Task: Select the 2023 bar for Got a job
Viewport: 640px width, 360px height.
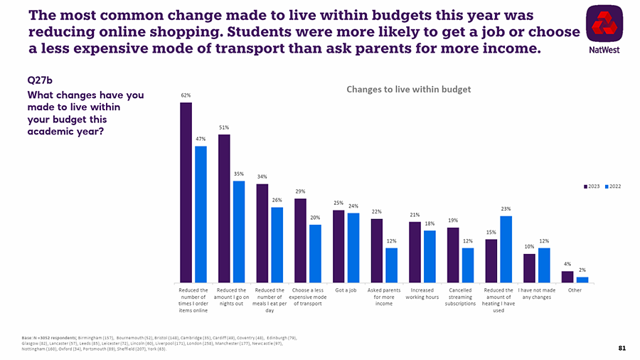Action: click(x=338, y=246)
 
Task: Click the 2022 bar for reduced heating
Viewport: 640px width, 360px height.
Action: click(x=506, y=249)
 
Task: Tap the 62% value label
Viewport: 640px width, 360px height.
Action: click(x=186, y=95)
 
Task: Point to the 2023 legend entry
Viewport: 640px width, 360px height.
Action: click(x=590, y=186)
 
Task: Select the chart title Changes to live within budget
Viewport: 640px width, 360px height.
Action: click(x=408, y=89)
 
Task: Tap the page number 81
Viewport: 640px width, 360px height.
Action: click(x=622, y=348)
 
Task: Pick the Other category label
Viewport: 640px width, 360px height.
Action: click(x=575, y=290)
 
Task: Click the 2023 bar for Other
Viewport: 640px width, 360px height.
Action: click(x=567, y=277)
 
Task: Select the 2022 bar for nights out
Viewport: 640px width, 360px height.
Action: click(x=239, y=231)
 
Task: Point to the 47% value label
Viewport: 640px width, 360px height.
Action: click(x=201, y=139)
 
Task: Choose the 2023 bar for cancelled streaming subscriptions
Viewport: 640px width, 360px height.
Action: click(x=453, y=255)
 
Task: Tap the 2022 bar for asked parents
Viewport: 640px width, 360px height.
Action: click(x=392, y=265)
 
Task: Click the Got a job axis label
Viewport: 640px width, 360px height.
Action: click(x=346, y=290)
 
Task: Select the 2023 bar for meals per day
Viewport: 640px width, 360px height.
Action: click(x=262, y=233)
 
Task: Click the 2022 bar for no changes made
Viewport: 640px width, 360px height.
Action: click(x=544, y=265)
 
